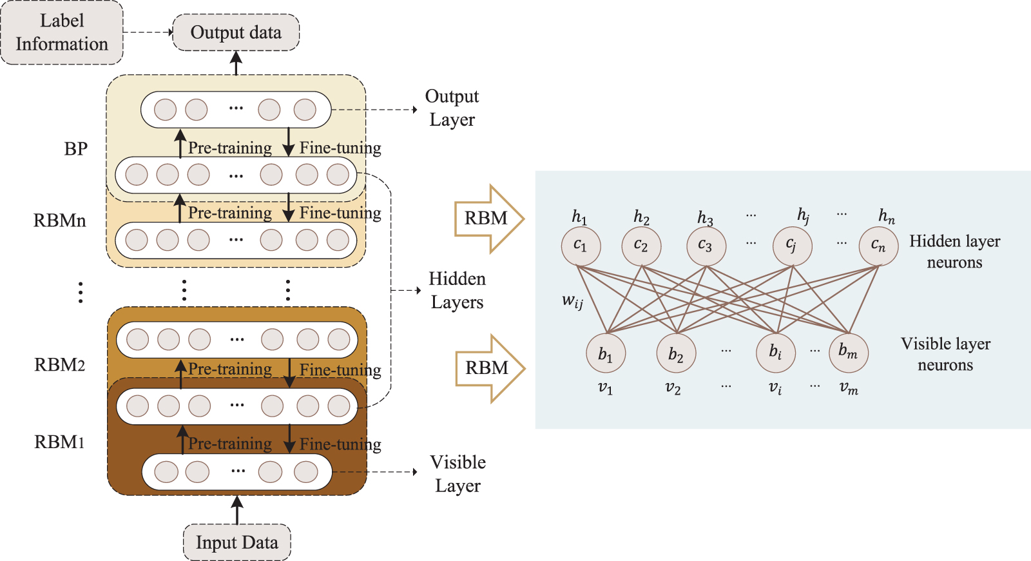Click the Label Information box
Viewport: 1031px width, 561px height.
62,32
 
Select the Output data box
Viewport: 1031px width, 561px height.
236,32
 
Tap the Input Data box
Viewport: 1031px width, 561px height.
237,542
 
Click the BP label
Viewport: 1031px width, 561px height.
75,149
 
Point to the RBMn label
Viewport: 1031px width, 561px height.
59,221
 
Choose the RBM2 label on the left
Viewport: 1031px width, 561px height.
59,365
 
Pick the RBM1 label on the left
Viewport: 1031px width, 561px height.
59,442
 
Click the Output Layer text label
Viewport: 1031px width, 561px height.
452,108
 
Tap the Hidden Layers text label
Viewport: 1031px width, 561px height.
457,290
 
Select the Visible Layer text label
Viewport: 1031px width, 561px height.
458,474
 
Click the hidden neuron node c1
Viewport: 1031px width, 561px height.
581,246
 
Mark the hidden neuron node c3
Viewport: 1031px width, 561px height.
706,246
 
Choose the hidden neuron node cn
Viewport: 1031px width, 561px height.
878,246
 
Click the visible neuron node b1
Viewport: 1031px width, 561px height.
606,353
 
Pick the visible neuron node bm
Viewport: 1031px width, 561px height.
848,352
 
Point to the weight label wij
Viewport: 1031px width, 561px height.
572,300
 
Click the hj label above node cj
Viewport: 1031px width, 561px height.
803,215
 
